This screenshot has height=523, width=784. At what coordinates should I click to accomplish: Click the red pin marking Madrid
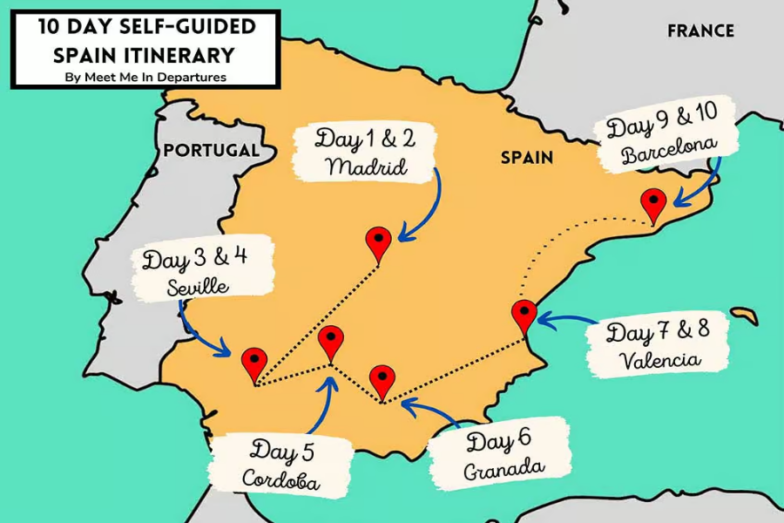pos(379,241)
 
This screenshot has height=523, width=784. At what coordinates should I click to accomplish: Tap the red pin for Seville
pos(253,362)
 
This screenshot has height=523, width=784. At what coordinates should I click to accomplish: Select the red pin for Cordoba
pos(330,341)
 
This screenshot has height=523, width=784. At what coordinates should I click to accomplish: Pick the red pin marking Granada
pos(382,380)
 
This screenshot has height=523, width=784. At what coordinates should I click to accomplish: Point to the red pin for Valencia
pos(524,315)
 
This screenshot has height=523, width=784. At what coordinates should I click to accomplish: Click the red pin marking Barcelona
pos(652,204)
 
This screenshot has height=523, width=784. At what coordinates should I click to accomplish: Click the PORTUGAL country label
pos(212,150)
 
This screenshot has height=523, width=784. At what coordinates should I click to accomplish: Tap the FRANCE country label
pos(700,31)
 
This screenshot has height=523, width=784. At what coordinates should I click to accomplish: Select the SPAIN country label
pos(526,158)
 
